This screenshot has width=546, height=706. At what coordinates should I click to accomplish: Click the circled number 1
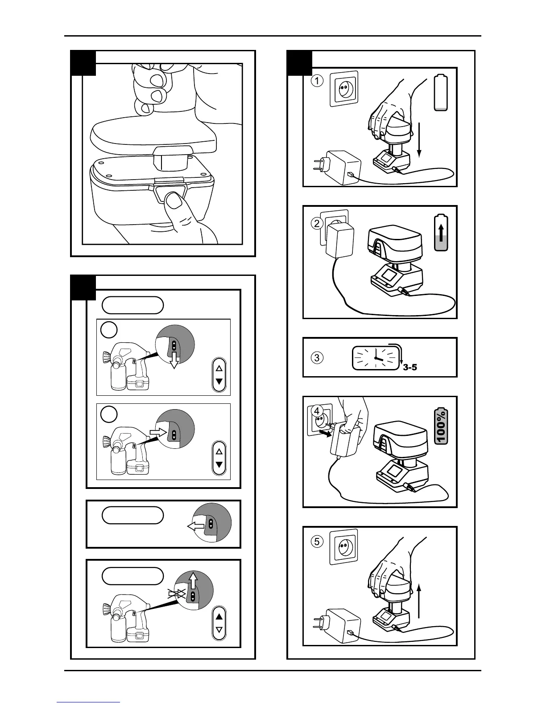tap(317, 81)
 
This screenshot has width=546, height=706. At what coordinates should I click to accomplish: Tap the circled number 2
tap(317, 223)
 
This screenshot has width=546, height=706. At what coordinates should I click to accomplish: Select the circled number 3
tap(317, 357)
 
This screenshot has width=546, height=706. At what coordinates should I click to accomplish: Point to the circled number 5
tap(317, 542)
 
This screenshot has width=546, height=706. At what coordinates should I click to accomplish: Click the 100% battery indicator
tap(441, 427)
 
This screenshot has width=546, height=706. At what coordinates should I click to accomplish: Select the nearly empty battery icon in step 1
tap(441, 93)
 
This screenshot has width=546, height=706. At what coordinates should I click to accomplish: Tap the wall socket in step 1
tap(344, 89)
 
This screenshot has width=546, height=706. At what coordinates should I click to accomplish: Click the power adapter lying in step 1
tap(343, 167)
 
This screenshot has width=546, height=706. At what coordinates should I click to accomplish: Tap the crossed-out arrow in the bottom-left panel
tap(176, 593)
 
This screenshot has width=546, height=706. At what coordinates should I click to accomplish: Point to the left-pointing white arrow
tap(195, 527)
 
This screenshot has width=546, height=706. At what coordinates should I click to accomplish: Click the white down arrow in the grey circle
tap(174, 362)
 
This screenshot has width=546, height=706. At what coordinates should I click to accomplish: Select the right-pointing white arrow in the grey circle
tap(158, 431)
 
